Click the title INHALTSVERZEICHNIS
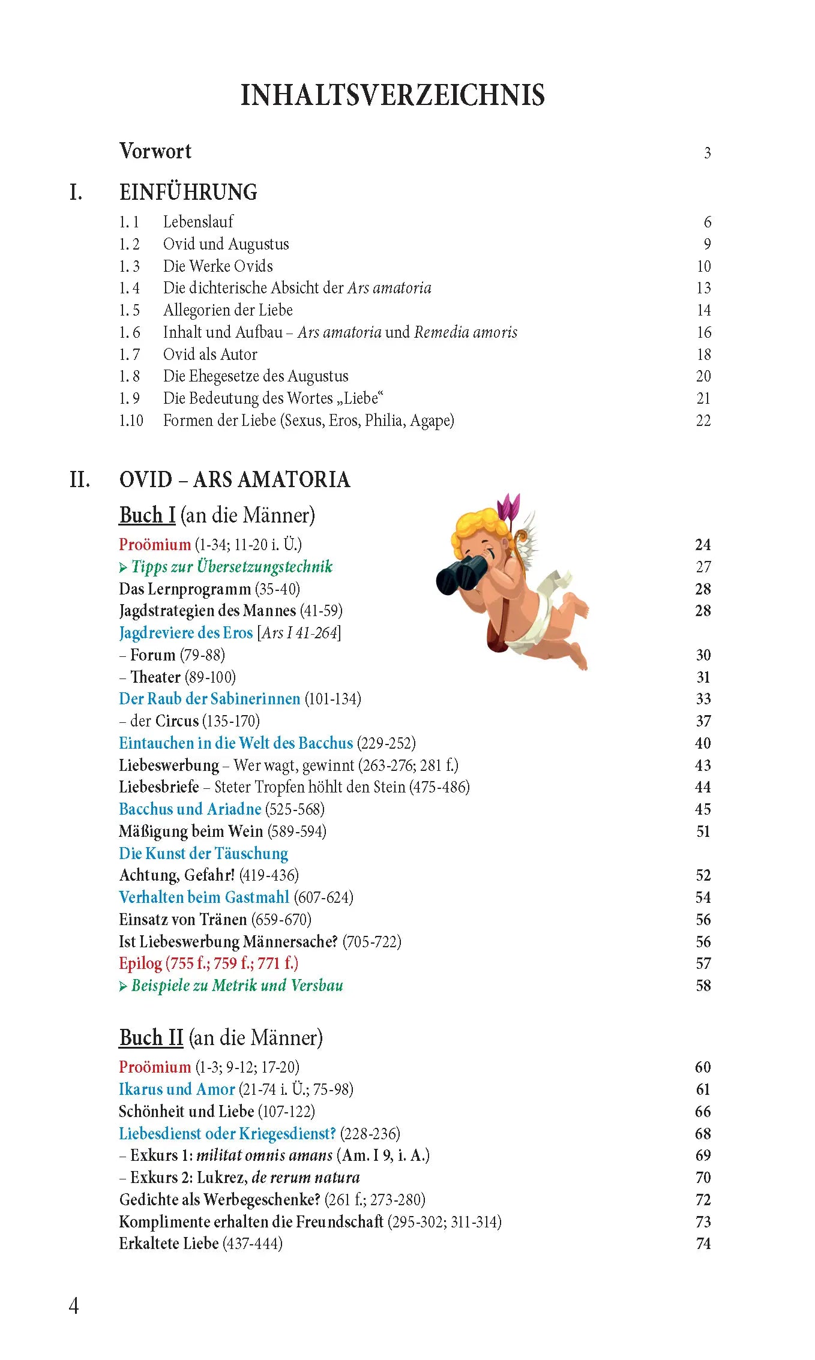tap(392, 95)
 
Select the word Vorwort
tap(155, 151)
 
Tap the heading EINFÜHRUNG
tap(188, 193)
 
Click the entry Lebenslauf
tap(198, 222)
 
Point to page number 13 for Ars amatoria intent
tap(703, 289)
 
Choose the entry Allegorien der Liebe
tap(228, 310)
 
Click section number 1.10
tap(131, 421)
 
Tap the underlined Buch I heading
tap(147, 515)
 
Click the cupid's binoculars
tap(462, 574)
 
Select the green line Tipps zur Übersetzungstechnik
tap(231, 567)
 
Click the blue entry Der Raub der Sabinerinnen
tap(209, 699)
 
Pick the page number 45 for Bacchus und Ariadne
tap(703, 809)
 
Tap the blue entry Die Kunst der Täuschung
tap(203, 853)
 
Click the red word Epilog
tap(140, 963)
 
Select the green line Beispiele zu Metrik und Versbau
tap(236, 986)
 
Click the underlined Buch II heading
tap(151, 1038)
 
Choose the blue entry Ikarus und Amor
tap(176, 1089)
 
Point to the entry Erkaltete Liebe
tap(169, 1244)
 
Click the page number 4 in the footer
tap(74, 1306)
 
